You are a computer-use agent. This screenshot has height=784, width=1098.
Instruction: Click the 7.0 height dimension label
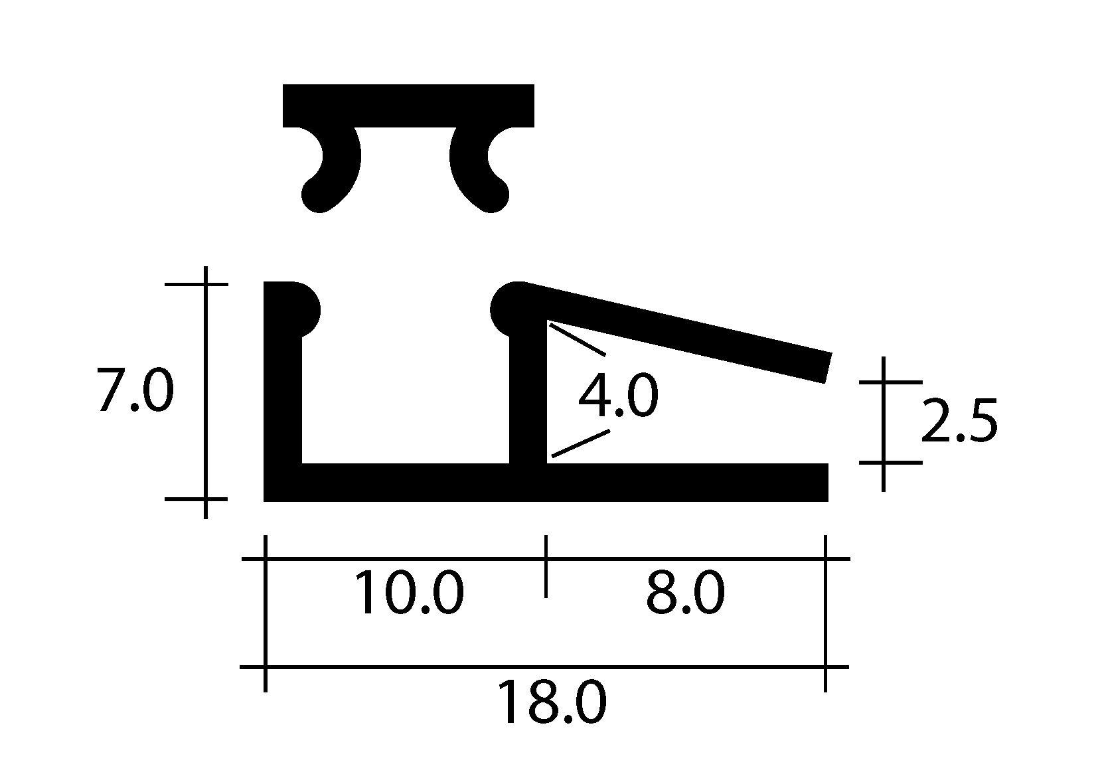[135, 390]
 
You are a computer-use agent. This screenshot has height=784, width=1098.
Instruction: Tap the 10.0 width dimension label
[408, 592]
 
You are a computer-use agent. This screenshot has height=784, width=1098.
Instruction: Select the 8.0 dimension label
[685, 592]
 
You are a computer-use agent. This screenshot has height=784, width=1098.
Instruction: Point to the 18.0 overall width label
[552, 702]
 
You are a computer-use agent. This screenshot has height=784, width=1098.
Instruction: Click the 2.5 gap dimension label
[959, 421]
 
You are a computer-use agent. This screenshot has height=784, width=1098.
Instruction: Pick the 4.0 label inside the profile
[618, 395]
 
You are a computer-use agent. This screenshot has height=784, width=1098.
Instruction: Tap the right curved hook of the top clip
[479, 169]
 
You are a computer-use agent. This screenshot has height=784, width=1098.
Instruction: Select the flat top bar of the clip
[408, 106]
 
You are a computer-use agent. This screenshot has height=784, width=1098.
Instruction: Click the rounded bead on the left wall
[305, 310]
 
